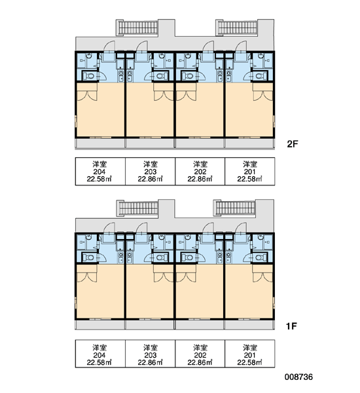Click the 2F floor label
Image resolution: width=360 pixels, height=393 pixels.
point(293,144)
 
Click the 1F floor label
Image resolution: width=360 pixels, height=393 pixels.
point(292,326)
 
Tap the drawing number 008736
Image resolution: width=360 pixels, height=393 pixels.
point(298,377)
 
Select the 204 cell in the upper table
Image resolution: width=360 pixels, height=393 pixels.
point(100,172)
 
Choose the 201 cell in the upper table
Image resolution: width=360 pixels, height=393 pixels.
point(250,172)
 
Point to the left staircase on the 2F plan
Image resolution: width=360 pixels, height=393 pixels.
point(137,28)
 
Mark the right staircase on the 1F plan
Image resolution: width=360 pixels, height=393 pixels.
point(234,208)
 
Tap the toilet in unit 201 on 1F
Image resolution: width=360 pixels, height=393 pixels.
point(261,257)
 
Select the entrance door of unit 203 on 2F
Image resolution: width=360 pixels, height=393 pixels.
point(141,47)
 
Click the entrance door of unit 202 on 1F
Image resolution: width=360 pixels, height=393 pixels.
point(207,229)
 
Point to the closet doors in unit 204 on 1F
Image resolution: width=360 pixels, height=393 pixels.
point(86,277)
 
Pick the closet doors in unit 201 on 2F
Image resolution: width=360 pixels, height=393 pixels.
point(262,96)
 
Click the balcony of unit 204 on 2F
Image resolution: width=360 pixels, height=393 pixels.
point(100,143)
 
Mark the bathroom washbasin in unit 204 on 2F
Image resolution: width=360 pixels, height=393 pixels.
point(90,56)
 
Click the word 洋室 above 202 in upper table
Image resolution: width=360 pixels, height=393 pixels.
point(200,164)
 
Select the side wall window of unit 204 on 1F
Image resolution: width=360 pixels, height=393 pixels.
point(76,303)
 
